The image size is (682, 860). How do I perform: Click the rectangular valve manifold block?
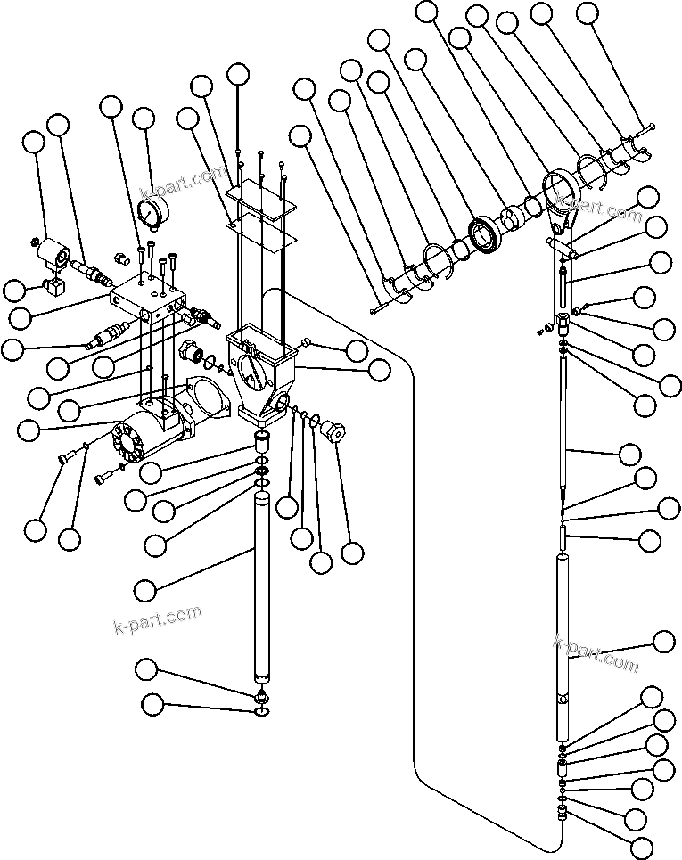click(149, 297)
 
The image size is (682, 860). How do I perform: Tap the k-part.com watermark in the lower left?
click(158, 618)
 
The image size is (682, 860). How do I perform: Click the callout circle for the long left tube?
click(145, 590)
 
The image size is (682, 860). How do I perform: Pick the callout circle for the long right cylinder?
click(664, 643)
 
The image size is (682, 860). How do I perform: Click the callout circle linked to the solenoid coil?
click(34, 143)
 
